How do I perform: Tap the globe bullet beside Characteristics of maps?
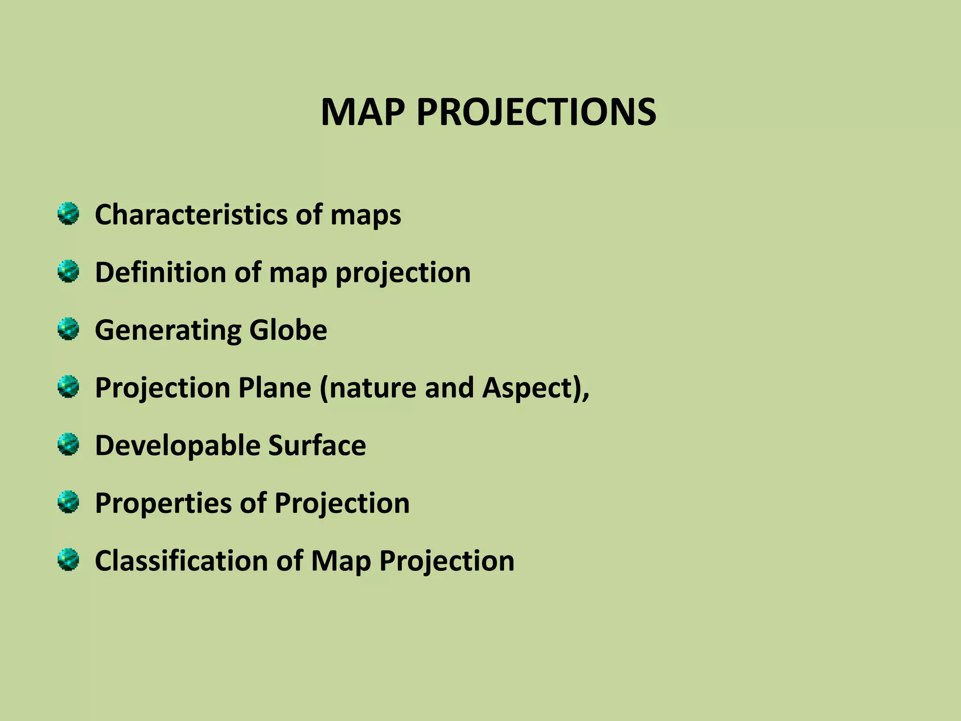tap(69, 214)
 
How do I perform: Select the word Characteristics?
tap(191, 215)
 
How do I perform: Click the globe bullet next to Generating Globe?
tap(69, 329)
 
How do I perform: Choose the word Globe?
tap(288, 330)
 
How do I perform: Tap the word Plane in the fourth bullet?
tap(275, 388)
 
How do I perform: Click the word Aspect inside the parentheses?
tap(527, 389)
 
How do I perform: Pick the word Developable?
tap(177, 446)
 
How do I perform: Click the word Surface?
tap(317, 445)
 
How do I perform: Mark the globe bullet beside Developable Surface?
tap(69, 445)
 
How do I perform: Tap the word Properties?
tap(163, 504)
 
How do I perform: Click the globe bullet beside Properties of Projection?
tap(69, 502)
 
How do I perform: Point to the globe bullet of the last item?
tap(69, 560)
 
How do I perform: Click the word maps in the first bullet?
tap(366, 215)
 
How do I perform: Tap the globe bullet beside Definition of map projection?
tap(69, 271)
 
